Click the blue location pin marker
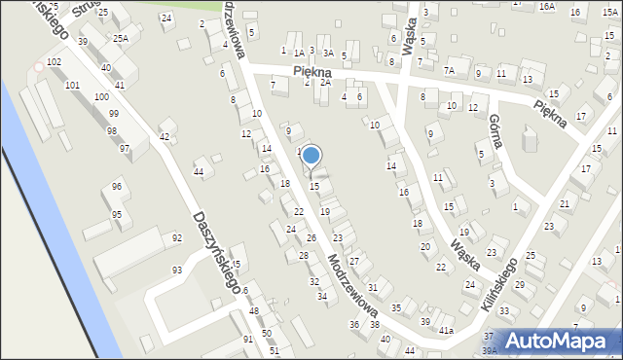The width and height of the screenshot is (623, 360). click(311, 156)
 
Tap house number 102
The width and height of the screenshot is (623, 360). click(55, 61)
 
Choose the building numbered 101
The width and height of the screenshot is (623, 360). click(72, 86)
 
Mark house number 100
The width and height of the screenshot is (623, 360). click(101, 98)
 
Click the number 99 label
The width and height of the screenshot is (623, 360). click(114, 114)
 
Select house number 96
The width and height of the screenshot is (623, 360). click(117, 187)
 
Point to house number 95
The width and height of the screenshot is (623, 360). click(117, 214)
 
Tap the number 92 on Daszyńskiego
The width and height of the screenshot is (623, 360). click(177, 237)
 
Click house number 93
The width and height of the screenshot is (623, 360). click(177, 270)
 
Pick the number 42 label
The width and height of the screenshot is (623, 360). click(165, 136)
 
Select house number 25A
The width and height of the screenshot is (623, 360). click(120, 38)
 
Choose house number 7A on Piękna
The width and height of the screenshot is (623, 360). click(449, 70)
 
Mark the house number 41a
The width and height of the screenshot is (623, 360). click(446, 331)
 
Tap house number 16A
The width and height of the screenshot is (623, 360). click(547, 7)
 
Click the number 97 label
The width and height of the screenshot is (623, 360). click(125, 148)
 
